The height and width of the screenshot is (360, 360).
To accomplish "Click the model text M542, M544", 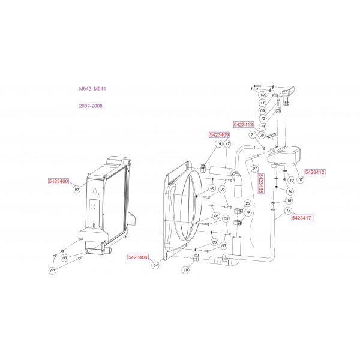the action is click(92, 89).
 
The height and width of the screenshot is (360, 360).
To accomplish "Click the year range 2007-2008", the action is click(91, 106).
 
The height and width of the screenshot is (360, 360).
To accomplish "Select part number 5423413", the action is click(244, 124).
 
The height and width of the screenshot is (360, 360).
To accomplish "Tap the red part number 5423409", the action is click(219, 135).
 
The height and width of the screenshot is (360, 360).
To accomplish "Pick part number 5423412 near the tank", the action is click(315, 172).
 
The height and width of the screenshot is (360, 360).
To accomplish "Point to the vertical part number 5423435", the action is click(261, 183).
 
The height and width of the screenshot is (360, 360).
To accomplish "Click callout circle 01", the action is click(77, 190).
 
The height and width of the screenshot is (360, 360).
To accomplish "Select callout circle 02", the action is click(53, 271).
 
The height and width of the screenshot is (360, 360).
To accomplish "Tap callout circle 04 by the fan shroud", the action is click(155, 265).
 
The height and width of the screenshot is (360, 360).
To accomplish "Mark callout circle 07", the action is click(301, 180).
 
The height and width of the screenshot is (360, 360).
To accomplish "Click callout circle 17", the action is click(227, 144).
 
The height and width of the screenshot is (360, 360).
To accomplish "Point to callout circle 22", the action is click(255, 169).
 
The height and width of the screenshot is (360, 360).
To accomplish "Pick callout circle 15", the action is click(289, 211).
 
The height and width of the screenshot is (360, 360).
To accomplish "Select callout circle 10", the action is click(262, 95).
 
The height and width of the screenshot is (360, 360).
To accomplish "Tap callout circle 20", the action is click(248, 203).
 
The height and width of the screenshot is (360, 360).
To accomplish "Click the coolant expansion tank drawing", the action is click(284, 156).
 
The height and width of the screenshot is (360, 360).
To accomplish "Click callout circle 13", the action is click(292, 180).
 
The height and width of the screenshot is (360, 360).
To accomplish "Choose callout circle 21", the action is click(253, 135).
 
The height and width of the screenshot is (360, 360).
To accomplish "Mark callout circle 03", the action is click(65, 258).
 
